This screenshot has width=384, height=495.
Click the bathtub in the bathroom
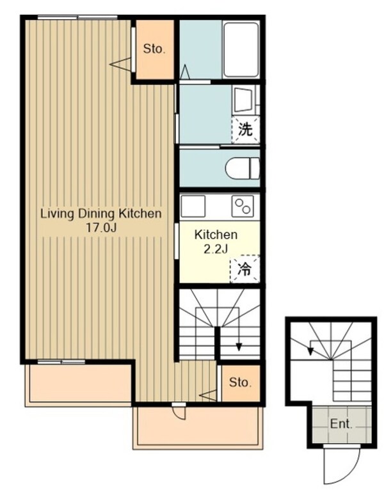click(241, 49)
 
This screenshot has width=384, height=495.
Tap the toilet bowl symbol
click(243, 168)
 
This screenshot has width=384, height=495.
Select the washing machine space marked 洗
click(246, 130)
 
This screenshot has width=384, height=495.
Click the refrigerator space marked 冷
click(245, 269)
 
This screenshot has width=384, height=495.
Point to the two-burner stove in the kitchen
click(243, 206)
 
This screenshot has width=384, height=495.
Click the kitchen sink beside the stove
click(193, 206)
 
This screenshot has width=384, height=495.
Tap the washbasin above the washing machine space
click(243, 100)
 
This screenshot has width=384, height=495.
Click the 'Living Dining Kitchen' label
click(101, 214)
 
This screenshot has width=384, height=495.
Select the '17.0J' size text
click(101, 228)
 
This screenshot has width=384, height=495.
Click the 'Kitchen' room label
click(216, 235)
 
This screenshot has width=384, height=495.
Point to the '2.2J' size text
click(216, 249)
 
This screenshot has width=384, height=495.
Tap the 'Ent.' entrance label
click(341, 424)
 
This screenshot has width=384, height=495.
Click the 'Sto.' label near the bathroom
click(154, 49)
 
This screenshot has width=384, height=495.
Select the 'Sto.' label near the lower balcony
click(241, 382)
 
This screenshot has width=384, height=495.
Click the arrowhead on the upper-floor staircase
click(239, 347)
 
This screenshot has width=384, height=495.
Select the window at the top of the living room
click(77, 17)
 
